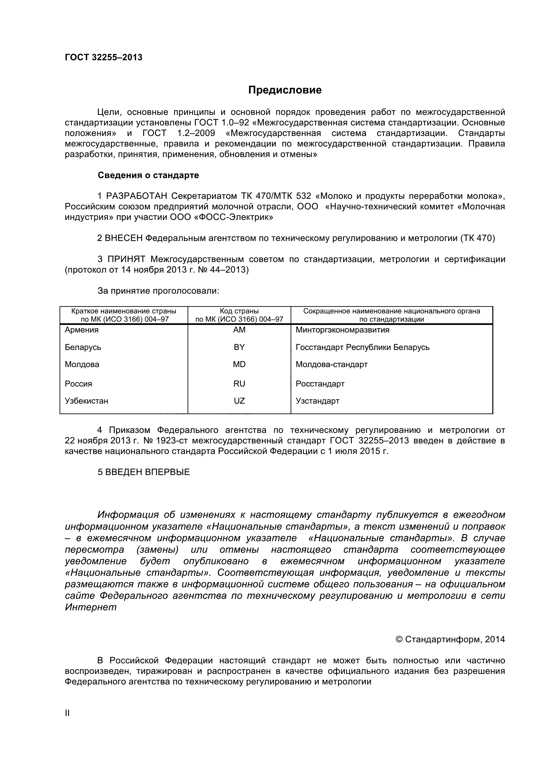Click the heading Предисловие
(285, 90)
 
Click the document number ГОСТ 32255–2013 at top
(104, 58)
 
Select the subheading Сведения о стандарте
(148, 175)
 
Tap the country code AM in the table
(239, 330)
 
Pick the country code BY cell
(239, 347)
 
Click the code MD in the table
(239, 364)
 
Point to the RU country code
(239, 384)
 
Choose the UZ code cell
(239, 401)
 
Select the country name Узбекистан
(87, 401)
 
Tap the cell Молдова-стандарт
(331, 364)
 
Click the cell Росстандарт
(320, 384)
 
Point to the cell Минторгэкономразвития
(342, 330)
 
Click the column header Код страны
(239, 311)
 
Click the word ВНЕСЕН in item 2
(124, 238)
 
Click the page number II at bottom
(67, 713)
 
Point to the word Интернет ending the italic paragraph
(91, 607)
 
